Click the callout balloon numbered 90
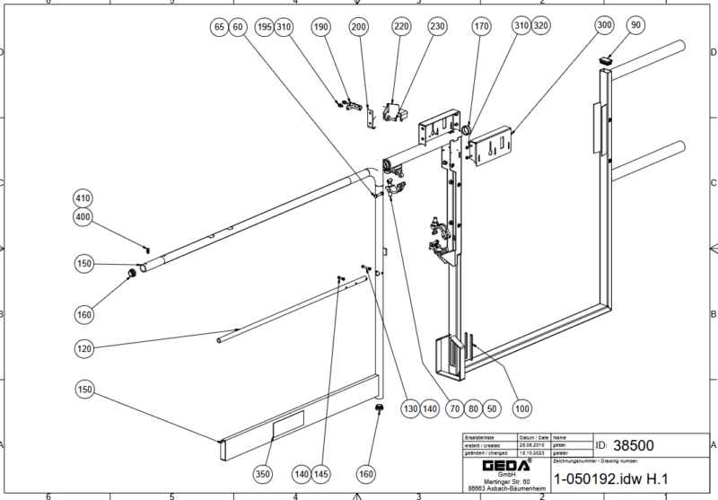636,26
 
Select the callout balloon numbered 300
604,26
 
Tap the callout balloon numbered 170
482,28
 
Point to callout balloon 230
436,28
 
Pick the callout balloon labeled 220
401,28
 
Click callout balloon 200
358,28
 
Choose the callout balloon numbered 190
322,28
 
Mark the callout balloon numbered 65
218,28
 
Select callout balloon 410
83,197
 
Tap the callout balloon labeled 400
83,217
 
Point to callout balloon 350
263,473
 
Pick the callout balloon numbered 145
322,473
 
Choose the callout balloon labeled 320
540,28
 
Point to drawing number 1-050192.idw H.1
613,478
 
